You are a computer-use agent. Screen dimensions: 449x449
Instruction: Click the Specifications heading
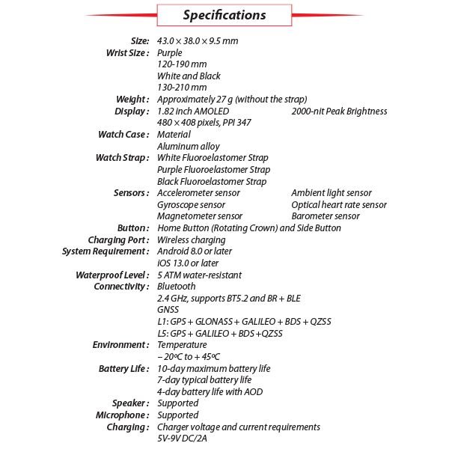[x=224, y=15]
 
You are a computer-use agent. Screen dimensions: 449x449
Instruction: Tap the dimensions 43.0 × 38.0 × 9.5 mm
[x=198, y=40]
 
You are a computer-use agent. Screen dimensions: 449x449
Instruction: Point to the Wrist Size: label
[x=129, y=52]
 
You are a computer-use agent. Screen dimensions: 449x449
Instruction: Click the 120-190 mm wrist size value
[x=180, y=64]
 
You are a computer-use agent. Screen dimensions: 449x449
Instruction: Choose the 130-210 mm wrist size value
[x=180, y=88]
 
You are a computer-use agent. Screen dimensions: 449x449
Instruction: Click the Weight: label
[x=132, y=100]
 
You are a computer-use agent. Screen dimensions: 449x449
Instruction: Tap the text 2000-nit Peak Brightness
[x=339, y=112]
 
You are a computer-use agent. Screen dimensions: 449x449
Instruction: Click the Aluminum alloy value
[x=188, y=147]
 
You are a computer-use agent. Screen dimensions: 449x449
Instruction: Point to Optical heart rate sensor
[x=339, y=204]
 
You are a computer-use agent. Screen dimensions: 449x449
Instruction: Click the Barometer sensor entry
[x=326, y=216]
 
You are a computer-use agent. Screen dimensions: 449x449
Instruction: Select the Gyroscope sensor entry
[x=191, y=204]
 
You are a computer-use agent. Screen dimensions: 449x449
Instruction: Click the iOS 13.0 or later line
[x=188, y=263]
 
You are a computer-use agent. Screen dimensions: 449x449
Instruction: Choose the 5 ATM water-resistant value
[x=198, y=275]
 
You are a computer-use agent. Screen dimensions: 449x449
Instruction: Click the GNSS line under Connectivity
[x=168, y=310]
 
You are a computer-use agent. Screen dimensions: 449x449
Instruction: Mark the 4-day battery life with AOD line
[x=210, y=391]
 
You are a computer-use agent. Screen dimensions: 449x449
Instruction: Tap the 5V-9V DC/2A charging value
[x=182, y=439]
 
